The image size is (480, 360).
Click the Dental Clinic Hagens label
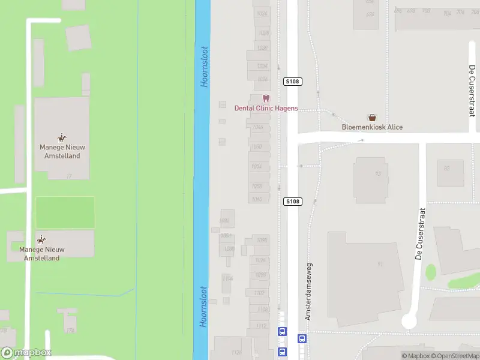coord(266,109)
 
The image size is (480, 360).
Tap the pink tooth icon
coord(266,99)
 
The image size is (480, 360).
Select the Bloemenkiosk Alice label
coord(372,127)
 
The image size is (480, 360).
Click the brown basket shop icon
coord(373,118)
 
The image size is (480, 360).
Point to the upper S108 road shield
coord(292,81)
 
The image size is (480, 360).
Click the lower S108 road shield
coord(292,202)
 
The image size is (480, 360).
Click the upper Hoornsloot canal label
coord(205,67)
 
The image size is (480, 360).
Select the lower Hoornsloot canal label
coord(204,306)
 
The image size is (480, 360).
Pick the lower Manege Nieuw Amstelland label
coord(41,254)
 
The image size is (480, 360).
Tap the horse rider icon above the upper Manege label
coord(61,138)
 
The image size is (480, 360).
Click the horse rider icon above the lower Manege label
coord(41,239)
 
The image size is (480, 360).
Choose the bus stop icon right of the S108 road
coord(302,338)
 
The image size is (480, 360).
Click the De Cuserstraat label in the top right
coord(471,91)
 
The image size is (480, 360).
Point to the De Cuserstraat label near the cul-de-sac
coord(421,233)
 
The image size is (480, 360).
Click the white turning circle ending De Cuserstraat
coord(409,321)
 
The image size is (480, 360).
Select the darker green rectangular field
coord(65,212)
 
